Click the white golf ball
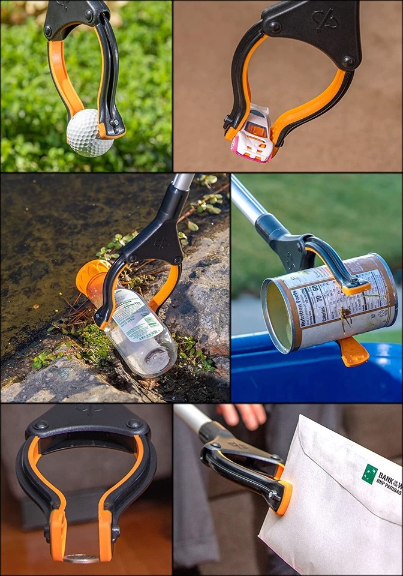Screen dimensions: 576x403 88,133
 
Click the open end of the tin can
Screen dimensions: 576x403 279,316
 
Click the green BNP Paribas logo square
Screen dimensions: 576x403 369,473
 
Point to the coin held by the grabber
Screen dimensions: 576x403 82,559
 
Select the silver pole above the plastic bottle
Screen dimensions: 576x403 184,182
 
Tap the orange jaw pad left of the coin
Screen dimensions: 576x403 58,533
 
